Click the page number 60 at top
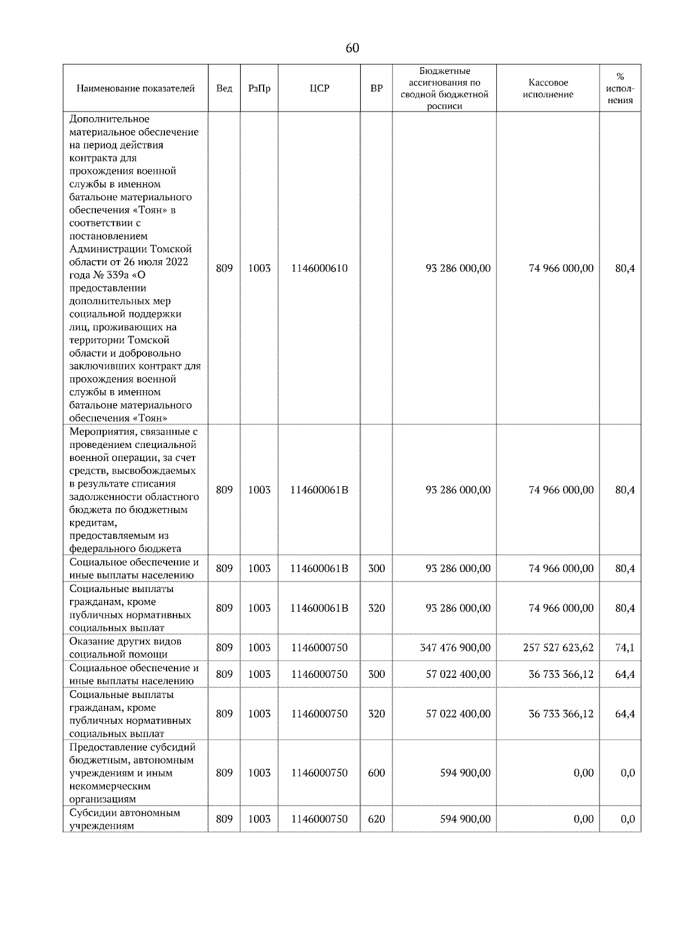pyautogui.click(x=352, y=48)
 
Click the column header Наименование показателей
pyautogui.click(x=135, y=89)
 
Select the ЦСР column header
pyautogui.click(x=319, y=89)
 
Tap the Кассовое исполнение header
pyautogui.click(x=547, y=89)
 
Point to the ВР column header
pyautogui.click(x=376, y=89)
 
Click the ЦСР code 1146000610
pyautogui.click(x=319, y=269)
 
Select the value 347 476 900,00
pyautogui.click(x=455, y=648)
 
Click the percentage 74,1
pyautogui.click(x=624, y=648)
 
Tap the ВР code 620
pyautogui.click(x=376, y=819)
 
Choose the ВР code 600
pyautogui.click(x=376, y=773)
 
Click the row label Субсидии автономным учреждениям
pyautogui.click(x=125, y=819)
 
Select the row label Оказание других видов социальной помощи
pyautogui.click(x=125, y=648)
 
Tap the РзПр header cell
pyautogui.click(x=259, y=89)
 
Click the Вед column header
pyautogui.click(x=224, y=89)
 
